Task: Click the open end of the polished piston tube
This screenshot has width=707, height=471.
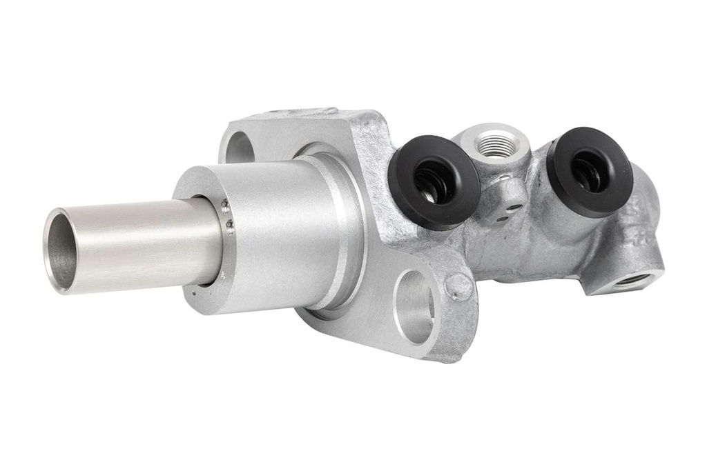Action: point(61,249)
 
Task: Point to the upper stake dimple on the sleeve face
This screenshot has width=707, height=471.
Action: point(225,203)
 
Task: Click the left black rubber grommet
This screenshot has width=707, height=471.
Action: point(434,181)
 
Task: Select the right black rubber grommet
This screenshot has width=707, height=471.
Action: point(590,172)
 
